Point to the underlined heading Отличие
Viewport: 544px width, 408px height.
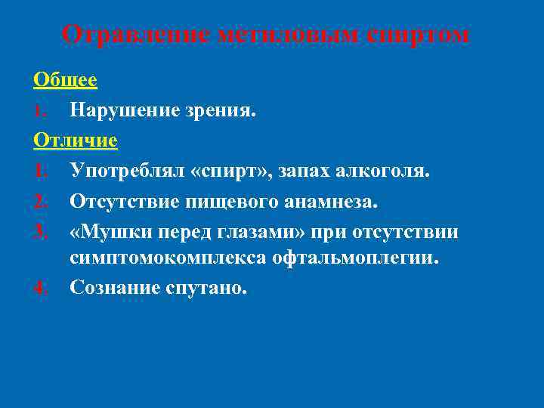point(76,141)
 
